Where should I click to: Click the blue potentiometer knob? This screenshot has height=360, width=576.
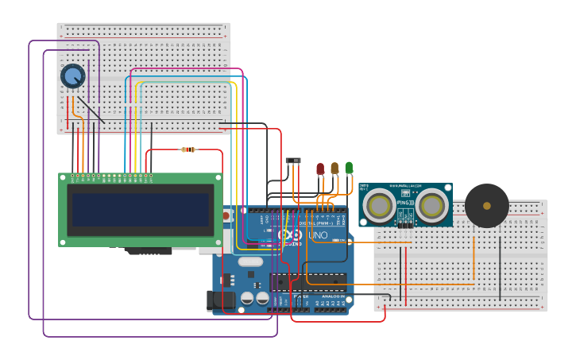tap(72, 76)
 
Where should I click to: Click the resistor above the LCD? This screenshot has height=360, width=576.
tap(188, 149)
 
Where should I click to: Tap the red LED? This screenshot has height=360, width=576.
tap(320, 168)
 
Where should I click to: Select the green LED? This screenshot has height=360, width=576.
tap(349, 167)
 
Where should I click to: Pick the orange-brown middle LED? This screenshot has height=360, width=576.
tap(334, 168)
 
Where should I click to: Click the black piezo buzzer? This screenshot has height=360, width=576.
tap(486, 206)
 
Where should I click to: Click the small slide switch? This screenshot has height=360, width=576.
tap(293, 161)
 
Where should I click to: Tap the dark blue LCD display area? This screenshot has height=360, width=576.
tap(140, 210)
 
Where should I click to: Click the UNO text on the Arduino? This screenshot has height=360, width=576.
tap(317, 236)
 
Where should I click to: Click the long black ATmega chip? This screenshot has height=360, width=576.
tap(308, 282)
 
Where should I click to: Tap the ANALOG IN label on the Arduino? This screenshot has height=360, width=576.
tap(333, 296)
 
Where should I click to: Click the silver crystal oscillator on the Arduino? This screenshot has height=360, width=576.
tap(250, 261)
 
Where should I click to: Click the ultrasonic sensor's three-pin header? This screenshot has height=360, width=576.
tap(405, 225)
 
